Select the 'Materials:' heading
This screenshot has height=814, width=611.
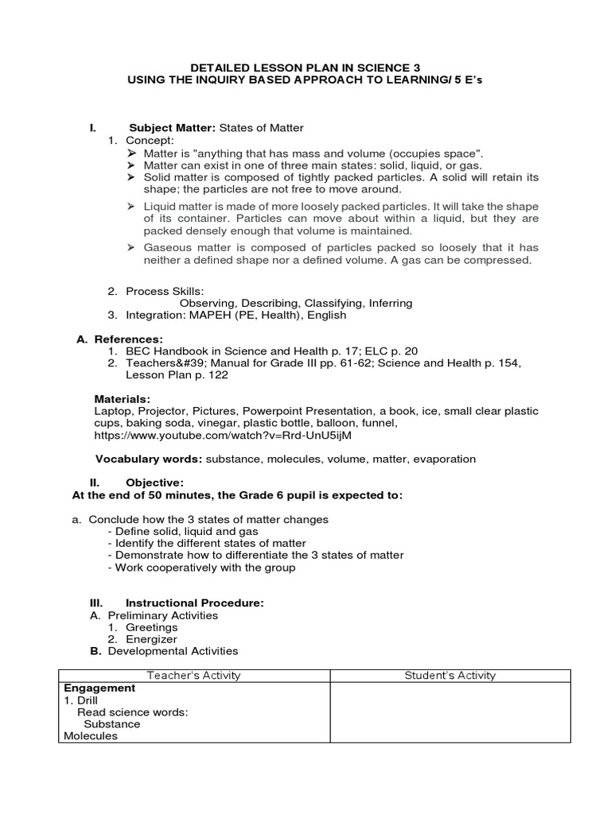122,398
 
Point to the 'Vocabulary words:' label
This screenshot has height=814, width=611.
149,459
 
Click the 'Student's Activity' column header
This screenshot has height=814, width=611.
449,676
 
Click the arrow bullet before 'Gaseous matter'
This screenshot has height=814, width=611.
131,248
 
